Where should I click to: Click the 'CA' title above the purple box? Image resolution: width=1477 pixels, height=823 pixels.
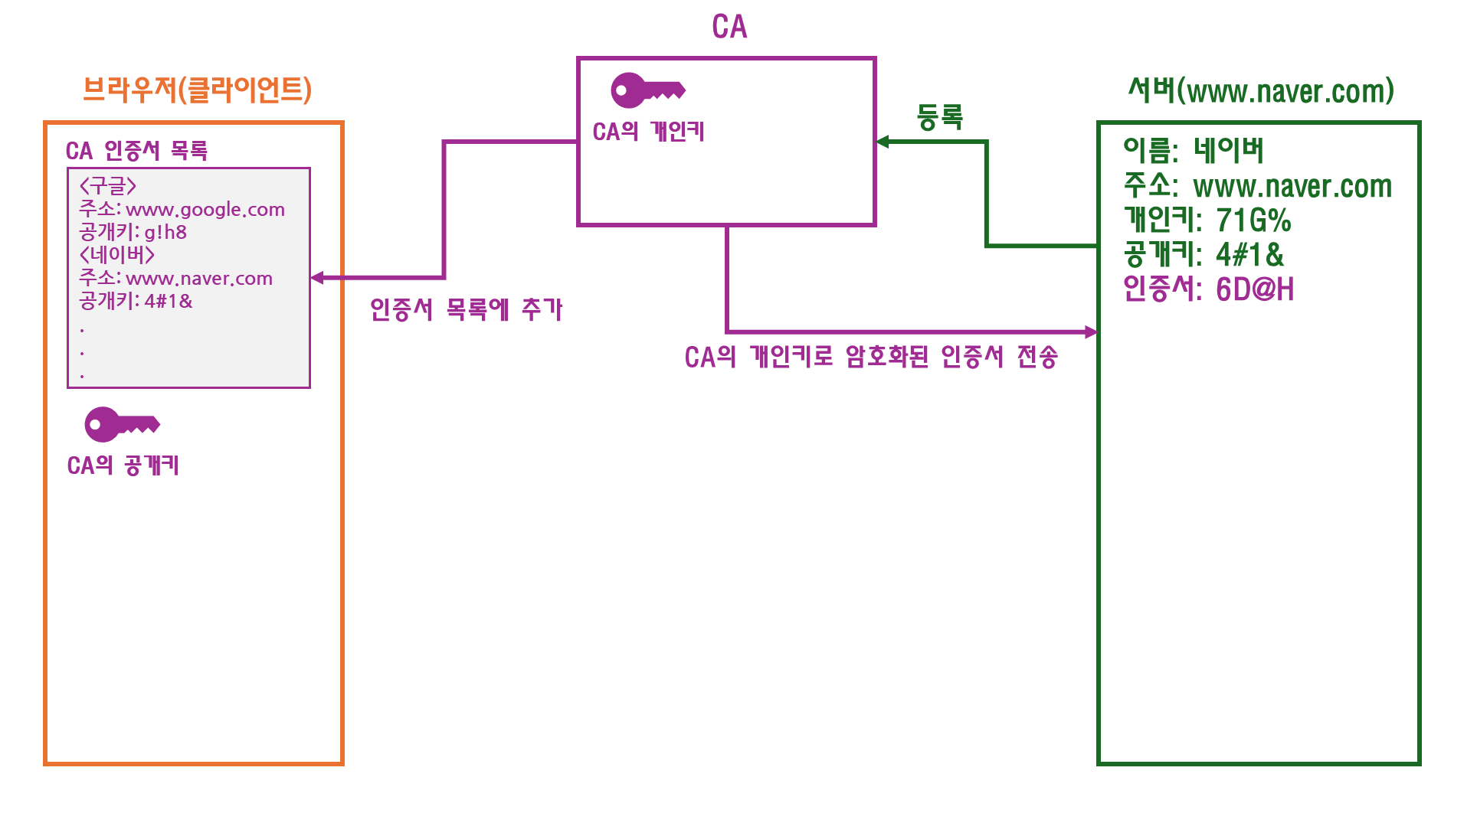coord(729,27)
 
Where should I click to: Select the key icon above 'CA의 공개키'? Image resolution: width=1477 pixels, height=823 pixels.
coord(122,424)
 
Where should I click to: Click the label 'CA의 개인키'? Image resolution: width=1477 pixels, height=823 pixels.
coord(648,132)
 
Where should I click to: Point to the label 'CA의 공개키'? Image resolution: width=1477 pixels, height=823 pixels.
coord(123,465)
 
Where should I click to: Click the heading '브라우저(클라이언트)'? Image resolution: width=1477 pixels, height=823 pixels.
coord(197,90)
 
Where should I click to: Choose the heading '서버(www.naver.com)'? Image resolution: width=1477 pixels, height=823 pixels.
coord(1261,91)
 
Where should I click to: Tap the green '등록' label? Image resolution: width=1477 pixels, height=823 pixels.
coord(939,117)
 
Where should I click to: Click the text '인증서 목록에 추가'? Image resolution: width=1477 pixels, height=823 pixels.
coord(466,309)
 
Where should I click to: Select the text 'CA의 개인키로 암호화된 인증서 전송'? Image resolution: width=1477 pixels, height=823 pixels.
coord(871,357)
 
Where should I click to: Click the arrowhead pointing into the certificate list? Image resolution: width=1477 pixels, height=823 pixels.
coord(317,278)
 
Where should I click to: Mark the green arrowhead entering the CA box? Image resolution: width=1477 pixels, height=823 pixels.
coord(883,142)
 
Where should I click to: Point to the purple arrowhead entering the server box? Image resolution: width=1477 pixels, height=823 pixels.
coord(1091,331)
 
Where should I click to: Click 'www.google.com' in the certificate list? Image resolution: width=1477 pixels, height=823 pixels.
coord(205,210)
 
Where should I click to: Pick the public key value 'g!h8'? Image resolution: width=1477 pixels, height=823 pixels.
coord(165,233)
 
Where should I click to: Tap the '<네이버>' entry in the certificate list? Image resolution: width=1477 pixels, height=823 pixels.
coord(116,255)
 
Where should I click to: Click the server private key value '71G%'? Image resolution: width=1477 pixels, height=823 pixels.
coord(1253,220)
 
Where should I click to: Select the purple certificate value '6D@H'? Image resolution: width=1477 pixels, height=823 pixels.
coord(1255,289)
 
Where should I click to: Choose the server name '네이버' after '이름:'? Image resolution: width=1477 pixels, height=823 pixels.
coord(1228,150)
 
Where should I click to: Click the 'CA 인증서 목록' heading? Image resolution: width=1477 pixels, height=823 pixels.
coord(136,151)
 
